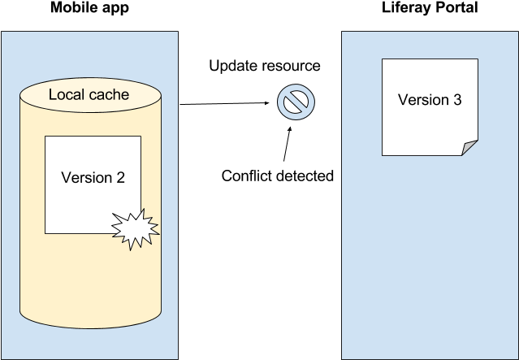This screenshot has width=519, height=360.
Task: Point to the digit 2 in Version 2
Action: pyautogui.click(x=119, y=178)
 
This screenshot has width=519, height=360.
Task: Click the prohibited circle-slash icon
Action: pyautogui.click(x=296, y=101)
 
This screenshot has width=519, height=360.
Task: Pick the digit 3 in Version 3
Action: pyautogui.click(x=457, y=100)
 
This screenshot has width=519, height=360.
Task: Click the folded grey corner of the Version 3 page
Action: pyautogui.click(x=470, y=147)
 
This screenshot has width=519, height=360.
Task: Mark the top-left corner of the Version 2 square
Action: pyautogui.click(x=45, y=137)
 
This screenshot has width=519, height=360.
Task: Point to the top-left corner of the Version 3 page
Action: pyautogui.click(x=383, y=59)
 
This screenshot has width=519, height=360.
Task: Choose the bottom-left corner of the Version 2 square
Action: pyautogui.click(x=45, y=233)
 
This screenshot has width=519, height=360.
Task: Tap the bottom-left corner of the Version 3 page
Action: pyautogui.click(x=383, y=154)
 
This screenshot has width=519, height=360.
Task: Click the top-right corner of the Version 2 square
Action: pyautogui.click(x=141, y=137)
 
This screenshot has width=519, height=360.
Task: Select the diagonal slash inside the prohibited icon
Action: pyautogui.click(x=296, y=101)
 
